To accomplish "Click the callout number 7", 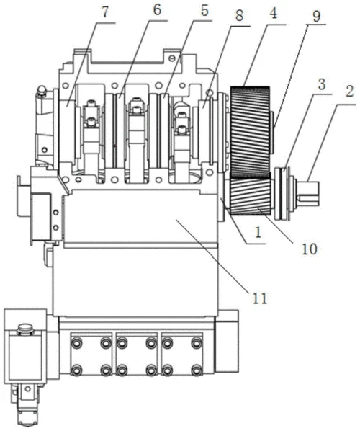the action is (x=105, y=12).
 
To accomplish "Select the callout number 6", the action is (x=157, y=10).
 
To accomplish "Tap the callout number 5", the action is (x=204, y=10).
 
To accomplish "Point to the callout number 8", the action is (x=239, y=15).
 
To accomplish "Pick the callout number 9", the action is (x=316, y=17).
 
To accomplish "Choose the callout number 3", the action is (x=322, y=84).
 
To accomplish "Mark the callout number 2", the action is (x=349, y=92).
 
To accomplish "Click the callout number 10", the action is (x=310, y=249).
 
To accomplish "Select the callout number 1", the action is (x=258, y=232).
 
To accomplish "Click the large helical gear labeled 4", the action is (x=250, y=132).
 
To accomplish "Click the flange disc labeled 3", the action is (x=283, y=193).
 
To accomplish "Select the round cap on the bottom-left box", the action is (x=25, y=329).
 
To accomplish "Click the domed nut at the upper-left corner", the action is (x=41, y=91).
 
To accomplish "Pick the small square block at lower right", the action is (x=227, y=341).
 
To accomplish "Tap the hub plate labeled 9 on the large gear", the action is (x=272, y=132).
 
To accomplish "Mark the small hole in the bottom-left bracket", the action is (x=27, y=388).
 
